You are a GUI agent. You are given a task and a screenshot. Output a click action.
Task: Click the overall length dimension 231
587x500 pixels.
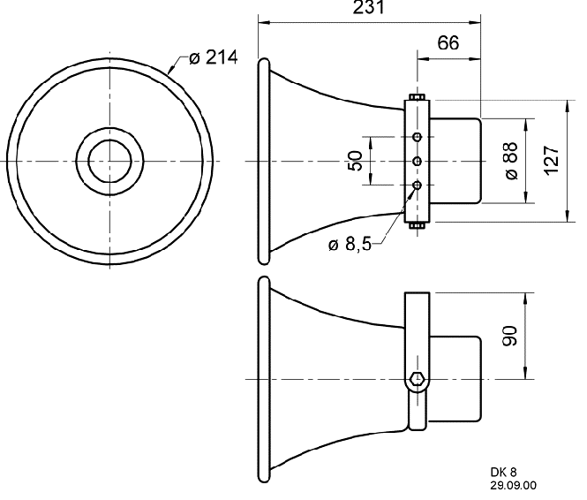point(369,7)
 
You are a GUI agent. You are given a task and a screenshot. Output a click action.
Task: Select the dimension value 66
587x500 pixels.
point(448,42)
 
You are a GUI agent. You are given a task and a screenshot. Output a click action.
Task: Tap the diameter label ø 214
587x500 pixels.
point(213,57)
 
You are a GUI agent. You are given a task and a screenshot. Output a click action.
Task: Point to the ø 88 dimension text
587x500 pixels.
point(511,161)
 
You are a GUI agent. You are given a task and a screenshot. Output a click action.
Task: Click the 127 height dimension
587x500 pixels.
point(552,160)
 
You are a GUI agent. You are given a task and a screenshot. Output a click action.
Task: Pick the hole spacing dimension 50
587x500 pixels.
point(355,161)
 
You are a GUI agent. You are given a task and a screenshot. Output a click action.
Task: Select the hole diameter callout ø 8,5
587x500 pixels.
point(350,245)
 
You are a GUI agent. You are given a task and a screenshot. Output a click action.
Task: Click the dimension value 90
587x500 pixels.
point(510,336)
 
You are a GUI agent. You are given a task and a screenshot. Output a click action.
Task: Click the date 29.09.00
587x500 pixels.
point(513,486)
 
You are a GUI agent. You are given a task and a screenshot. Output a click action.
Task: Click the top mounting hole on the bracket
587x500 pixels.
point(417,137)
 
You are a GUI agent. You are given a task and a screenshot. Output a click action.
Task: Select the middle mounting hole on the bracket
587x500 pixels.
point(417,162)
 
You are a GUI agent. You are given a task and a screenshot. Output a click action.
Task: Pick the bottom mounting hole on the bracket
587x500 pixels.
point(417,185)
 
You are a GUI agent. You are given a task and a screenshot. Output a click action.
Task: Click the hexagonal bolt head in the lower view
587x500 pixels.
point(417,379)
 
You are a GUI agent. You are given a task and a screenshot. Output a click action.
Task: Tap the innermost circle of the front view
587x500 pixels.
point(110,161)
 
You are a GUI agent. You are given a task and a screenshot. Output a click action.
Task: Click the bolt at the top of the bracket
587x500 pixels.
point(417,97)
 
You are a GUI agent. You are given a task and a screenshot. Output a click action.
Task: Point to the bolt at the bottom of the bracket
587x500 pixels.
point(417,225)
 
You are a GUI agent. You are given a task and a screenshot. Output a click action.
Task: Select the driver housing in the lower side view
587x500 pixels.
point(455,379)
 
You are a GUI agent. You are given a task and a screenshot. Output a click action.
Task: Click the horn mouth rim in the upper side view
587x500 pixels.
point(264,162)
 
